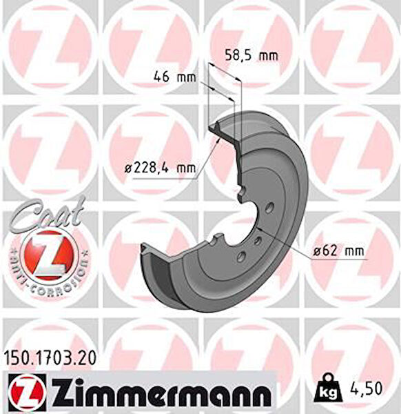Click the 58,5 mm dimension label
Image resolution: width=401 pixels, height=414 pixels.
pos(251,55)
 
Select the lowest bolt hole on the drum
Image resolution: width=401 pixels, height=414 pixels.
pos(240,257)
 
